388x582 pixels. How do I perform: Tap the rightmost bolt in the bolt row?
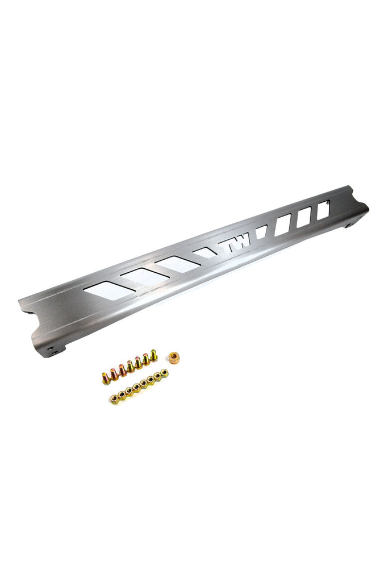point(153,356)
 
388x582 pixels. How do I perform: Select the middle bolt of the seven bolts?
point(131,366)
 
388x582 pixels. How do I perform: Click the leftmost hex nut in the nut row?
point(114,400)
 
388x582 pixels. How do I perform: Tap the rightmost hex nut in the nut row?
point(165,373)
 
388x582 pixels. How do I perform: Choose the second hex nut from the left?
point(122,396)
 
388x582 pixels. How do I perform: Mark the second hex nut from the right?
point(157,376)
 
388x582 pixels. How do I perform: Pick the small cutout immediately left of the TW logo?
point(205,251)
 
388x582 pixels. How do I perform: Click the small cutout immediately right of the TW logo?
point(261,231)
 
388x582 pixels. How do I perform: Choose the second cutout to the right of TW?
point(282,223)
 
